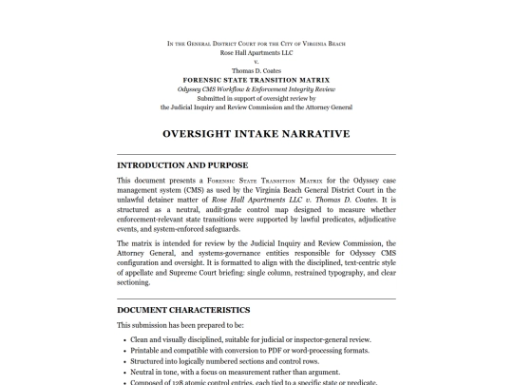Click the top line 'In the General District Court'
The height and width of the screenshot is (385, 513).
256,44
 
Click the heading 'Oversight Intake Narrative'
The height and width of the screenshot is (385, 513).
256,134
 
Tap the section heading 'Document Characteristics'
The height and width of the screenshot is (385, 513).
183,310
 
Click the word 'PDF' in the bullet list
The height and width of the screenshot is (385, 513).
278,352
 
